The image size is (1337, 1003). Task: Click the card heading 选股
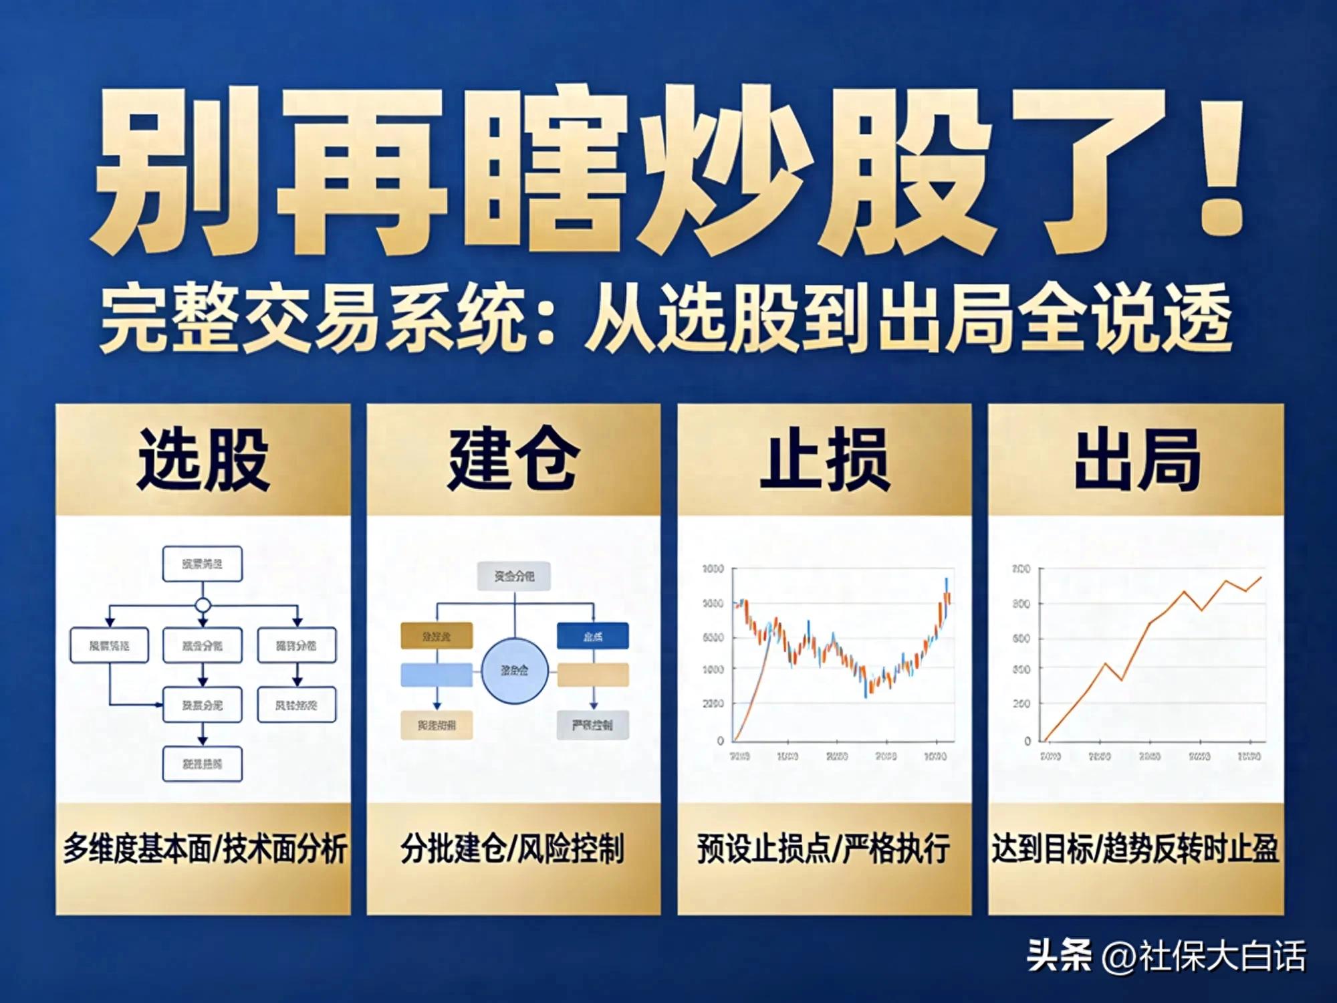(x=203, y=461)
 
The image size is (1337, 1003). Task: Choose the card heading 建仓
(x=513, y=461)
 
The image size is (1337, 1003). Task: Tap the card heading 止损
(x=824, y=461)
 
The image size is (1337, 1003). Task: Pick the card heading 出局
(x=1136, y=461)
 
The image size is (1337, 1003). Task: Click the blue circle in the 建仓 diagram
(x=515, y=671)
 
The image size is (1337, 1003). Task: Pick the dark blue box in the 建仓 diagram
(x=593, y=636)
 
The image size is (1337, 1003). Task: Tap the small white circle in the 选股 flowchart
(x=203, y=606)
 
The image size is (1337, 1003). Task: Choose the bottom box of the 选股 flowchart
(x=203, y=764)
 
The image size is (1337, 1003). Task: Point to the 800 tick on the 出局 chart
(x=1021, y=604)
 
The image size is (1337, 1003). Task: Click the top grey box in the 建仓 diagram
(x=514, y=576)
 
